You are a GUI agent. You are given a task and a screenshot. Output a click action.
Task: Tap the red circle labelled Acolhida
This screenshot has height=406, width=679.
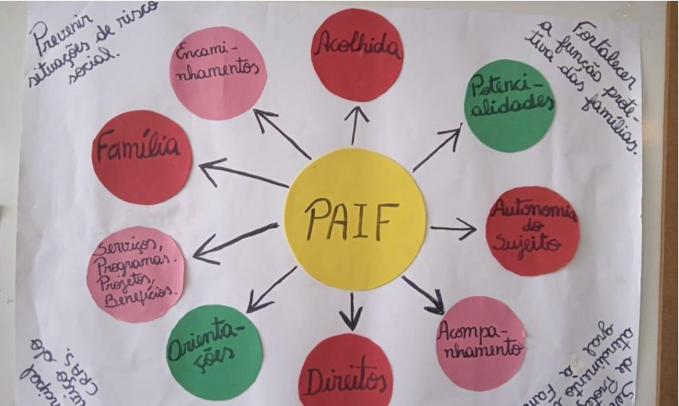pyautogui.click(x=357, y=54)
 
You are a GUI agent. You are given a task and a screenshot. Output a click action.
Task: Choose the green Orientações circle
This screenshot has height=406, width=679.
pyautogui.click(x=214, y=352)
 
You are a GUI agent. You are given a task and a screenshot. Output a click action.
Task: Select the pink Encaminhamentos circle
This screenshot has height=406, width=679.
pyautogui.click(x=218, y=73)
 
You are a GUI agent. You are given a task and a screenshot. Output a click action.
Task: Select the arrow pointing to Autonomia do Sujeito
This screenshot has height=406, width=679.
pyautogui.click(x=452, y=229)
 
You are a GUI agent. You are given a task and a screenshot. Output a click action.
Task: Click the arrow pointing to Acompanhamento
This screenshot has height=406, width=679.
pyautogui.click(x=422, y=294)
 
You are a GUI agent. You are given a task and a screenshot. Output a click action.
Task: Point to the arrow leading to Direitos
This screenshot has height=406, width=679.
pyautogui.click(x=350, y=312)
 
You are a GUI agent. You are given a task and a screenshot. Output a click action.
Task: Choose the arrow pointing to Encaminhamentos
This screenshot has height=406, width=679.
pyautogui.click(x=282, y=133)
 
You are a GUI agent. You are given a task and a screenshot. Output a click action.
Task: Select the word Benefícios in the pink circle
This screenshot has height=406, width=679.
pyautogui.click(x=143, y=293)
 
